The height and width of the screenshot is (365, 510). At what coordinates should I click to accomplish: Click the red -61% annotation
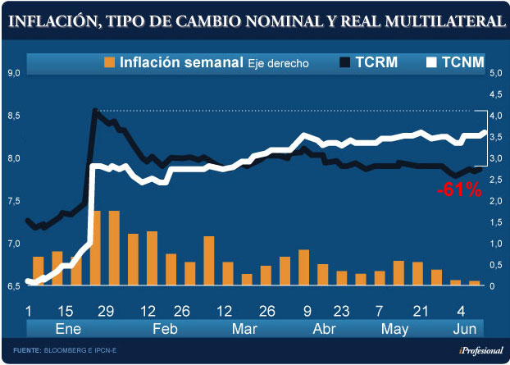(x=459, y=189)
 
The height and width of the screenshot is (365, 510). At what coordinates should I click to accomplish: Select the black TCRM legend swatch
(x=345, y=62)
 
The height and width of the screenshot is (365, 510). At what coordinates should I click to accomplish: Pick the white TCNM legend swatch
(x=431, y=62)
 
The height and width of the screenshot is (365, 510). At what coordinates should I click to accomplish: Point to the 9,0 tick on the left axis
(x=12, y=73)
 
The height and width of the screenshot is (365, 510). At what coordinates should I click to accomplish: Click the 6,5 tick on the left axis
(x=12, y=286)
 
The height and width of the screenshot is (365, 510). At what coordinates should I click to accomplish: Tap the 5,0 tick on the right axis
(x=496, y=73)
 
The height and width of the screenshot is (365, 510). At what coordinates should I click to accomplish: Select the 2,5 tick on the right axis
(x=496, y=180)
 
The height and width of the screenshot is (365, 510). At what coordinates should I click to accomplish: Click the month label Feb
(x=165, y=329)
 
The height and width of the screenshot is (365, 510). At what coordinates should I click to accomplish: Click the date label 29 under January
(x=106, y=311)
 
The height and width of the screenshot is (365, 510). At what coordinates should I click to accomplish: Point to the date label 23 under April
(x=340, y=311)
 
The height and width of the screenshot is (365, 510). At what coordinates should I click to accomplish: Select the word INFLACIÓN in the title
(x=53, y=22)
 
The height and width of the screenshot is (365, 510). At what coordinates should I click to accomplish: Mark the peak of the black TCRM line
(x=95, y=110)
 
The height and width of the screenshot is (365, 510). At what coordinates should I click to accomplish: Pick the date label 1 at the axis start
(x=30, y=311)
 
